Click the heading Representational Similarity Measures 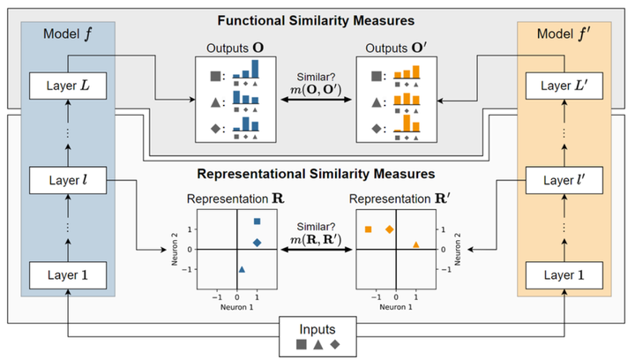tap(317, 174)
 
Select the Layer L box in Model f tap(67, 86)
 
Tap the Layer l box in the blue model tap(67, 182)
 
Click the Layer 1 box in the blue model tap(67, 275)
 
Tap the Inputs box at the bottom tap(317, 336)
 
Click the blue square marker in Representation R tap(257, 221)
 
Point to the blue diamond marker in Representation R tap(257, 242)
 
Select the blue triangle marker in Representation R tap(242, 268)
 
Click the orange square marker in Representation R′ tap(369, 229)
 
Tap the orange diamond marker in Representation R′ tap(389, 229)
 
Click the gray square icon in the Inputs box tap(302, 343)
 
